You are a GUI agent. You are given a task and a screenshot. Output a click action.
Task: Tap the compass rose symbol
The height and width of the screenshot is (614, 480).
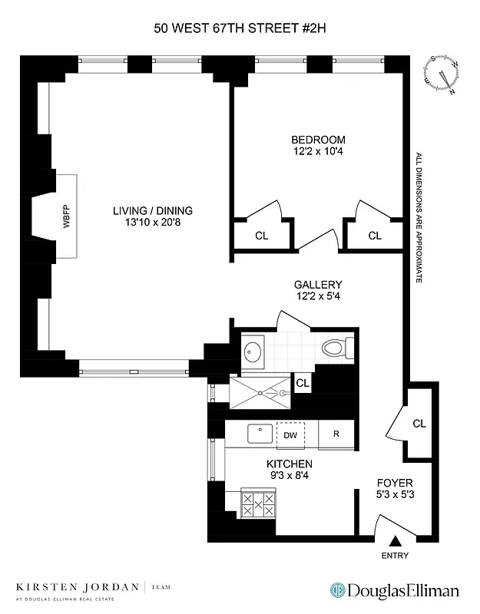pos(444,74)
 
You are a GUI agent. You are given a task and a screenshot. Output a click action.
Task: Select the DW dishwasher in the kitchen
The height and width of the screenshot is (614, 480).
pos(290,435)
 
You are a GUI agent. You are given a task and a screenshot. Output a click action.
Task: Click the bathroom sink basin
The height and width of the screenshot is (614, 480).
pos(254,352)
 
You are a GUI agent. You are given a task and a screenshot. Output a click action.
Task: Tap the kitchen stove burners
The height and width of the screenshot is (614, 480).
pos(258,503)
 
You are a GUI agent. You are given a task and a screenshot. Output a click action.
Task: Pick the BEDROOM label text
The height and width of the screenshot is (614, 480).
pos(318,140)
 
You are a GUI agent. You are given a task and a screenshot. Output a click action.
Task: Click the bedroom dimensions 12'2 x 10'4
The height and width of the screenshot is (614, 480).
pos(318,153)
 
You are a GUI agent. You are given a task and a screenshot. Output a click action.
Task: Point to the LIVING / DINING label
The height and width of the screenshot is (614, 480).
pos(153,210)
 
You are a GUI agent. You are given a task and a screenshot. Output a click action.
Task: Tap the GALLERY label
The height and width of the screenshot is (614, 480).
pos(318,284)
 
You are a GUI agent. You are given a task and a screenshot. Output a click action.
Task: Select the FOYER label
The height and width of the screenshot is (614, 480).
pos(395,483)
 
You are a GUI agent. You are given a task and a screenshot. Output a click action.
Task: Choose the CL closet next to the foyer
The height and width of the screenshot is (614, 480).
pos(419,423)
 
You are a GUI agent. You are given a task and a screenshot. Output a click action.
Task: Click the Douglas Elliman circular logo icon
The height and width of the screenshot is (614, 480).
pos(336,590)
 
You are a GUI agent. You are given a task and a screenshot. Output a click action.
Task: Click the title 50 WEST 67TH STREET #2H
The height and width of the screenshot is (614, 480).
pos(240,30)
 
